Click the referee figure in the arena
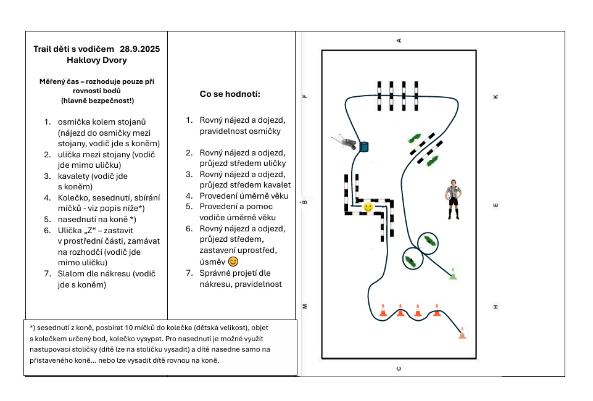pyautogui.click(x=453, y=199)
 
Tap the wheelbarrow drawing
pyautogui.click(x=344, y=141)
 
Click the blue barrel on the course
pyautogui.click(x=363, y=146)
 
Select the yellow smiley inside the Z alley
pyautogui.click(x=368, y=207)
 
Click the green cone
pyautogui.click(x=453, y=273)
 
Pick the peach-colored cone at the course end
pyautogui.click(x=462, y=333)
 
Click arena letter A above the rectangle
pyautogui.click(x=399, y=41)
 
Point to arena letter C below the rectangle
pyautogui.click(x=399, y=368)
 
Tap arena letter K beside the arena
pyautogui.click(x=496, y=97)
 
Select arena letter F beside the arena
pyautogui.click(x=305, y=96)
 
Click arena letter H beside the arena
pyautogui.click(x=496, y=307)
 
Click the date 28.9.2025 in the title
pyautogui.click(x=140, y=49)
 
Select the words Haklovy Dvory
pyautogui.click(x=97, y=60)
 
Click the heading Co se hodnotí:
pyautogui.click(x=230, y=94)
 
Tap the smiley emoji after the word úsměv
pyautogui.click(x=233, y=262)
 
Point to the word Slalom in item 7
pyautogui.click(x=70, y=274)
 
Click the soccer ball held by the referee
pyautogui.click(x=448, y=197)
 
